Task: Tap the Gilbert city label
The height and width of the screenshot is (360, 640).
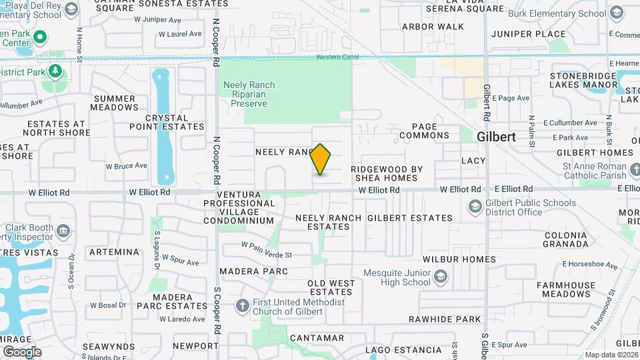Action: [x=496, y=136]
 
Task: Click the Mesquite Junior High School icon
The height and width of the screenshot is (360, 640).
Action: [x=441, y=276]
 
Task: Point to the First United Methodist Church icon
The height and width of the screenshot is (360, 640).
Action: [x=243, y=305]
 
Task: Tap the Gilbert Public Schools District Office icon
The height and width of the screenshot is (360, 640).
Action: [x=475, y=206]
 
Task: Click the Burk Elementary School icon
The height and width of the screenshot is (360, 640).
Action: [x=614, y=13]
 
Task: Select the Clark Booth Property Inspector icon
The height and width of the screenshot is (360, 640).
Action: [x=63, y=231]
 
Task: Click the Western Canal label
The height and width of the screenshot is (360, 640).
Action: [x=337, y=57]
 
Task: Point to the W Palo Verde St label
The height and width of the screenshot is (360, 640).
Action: [x=267, y=255]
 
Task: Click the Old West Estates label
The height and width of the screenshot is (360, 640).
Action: [x=331, y=287]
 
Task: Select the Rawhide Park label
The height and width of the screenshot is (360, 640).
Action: [x=445, y=319]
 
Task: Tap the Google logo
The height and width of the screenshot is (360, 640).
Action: [x=22, y=351]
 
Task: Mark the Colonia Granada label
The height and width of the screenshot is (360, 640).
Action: [x=566, y=239]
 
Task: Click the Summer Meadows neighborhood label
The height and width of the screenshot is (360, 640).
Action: [x=114, y=103]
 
